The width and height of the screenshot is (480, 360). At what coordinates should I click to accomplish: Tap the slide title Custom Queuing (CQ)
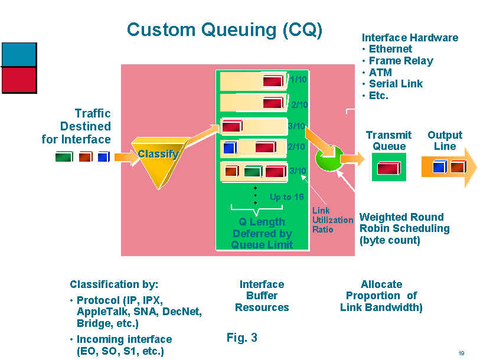tap(225, 30)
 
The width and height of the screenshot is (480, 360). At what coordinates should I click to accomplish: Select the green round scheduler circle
tap(329, 158)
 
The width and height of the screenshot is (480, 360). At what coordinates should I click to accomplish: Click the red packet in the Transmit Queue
tap(388, 168)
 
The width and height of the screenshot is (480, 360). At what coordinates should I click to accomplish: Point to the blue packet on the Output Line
tap(440, 166)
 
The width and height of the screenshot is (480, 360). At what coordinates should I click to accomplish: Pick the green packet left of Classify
tap(64, 157)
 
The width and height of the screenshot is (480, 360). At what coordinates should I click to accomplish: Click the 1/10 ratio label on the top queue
tap(298, 80)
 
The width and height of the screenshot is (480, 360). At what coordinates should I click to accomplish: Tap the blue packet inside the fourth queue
tap(230, 147)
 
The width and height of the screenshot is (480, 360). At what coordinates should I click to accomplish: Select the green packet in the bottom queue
tap(253, 171)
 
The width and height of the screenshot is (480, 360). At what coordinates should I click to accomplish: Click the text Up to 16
tap(286, 197)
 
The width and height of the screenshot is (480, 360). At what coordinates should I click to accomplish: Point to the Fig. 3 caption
tap(242, 338)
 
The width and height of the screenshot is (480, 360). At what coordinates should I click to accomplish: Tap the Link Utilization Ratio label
tap(333, 220)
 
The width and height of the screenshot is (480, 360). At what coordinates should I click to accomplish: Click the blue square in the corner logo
tap(19, 54)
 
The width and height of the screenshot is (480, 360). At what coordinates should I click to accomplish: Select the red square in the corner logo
tap(19, 80)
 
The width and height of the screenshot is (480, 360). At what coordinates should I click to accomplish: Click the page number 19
tap(461, 353)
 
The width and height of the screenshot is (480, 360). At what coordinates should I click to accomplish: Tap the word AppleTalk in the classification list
tap(102, 312)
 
